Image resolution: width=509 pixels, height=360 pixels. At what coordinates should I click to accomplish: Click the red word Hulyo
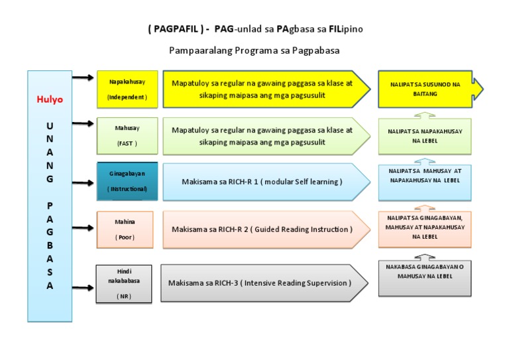click(x=50, y=99)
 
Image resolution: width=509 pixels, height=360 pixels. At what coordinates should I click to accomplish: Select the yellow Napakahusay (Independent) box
click(x=127, y=89)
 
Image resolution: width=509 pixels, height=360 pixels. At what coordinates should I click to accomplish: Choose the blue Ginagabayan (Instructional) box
click(x=127, y=181)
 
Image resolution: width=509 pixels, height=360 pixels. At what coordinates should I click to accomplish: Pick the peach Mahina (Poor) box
click(x=125, y=229)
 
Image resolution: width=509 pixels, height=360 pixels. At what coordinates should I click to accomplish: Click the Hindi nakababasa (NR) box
click(x=124, y=284)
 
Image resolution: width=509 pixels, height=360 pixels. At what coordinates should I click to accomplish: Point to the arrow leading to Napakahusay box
click(x=82, y=78)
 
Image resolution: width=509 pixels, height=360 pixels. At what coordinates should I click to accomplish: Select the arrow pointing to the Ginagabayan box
click(x=82, y=181)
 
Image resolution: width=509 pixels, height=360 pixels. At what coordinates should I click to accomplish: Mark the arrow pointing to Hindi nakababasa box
click(x=82, y=288)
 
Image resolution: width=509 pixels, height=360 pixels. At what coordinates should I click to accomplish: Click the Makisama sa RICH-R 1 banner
click(x=265, y=182)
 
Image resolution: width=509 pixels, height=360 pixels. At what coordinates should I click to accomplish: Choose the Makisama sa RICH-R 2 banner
click(x=265, y=229)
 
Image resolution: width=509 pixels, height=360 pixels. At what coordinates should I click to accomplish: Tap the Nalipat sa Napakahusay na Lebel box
click(x=425, y=136)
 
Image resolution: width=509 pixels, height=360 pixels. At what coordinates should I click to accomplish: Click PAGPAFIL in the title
click(x=171, y=30)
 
